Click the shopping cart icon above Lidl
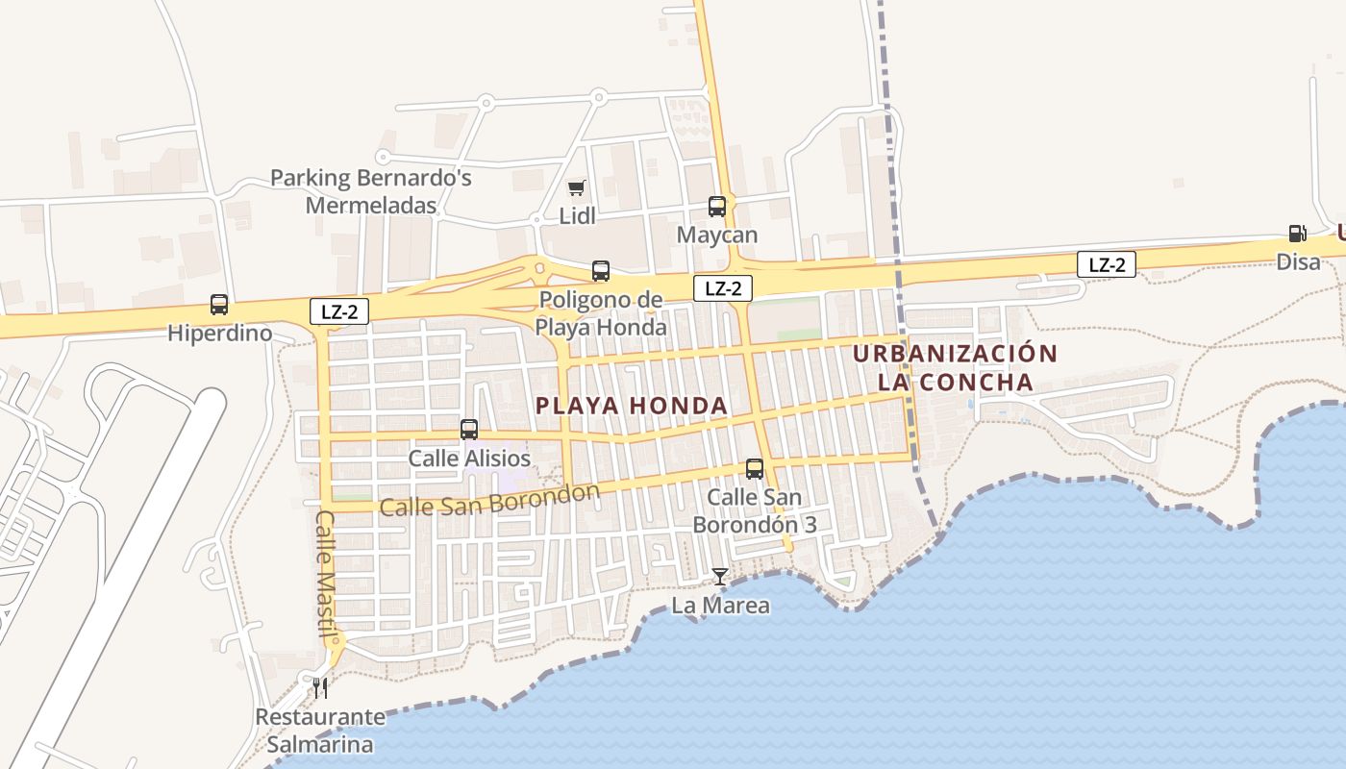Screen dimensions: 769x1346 (576, 187)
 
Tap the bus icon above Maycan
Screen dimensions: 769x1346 (717, 206)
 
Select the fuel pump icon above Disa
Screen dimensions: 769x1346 (1297, 233)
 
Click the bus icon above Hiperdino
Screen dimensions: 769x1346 (219, 305)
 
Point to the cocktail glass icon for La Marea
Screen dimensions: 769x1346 (719, 577)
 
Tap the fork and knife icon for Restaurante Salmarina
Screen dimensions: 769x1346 (320, 687)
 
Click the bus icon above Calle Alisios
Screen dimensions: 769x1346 (469, 430)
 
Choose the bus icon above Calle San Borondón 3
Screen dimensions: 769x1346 (755, 469)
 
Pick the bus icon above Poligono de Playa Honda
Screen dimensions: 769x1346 (601, 271)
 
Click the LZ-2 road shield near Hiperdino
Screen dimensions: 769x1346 (339, 311)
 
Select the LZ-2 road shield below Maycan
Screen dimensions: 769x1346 (723, 287)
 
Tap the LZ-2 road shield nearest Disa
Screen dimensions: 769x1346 (1107, 264)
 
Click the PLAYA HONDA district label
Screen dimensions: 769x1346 (632, 406)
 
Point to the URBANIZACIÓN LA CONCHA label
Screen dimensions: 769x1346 (955, 367)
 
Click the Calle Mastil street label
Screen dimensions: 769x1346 (327, 573)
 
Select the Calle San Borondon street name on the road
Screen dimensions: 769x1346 (489, 500)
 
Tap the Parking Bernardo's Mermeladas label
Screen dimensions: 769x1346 (371, 191)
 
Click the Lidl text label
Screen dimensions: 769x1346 (578, 216)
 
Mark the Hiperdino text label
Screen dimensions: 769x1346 (219, 334)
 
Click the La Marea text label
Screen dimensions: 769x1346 (720, 606)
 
